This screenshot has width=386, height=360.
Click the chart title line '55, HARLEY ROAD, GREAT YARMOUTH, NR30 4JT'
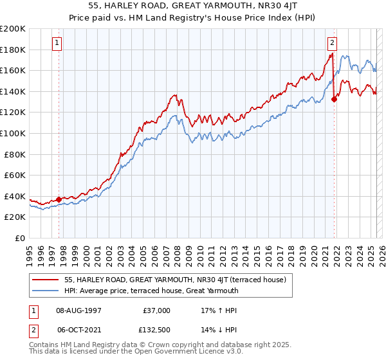click(192, 6)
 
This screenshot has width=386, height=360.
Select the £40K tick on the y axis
click(15, 196)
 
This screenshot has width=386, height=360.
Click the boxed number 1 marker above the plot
click(57, 43)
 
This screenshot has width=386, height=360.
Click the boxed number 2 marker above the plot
click(333, 43)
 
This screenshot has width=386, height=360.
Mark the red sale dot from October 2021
click(335, 99)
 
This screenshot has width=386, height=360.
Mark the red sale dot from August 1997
click(59, 199)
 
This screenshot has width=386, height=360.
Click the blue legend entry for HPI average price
click(151, 291)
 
